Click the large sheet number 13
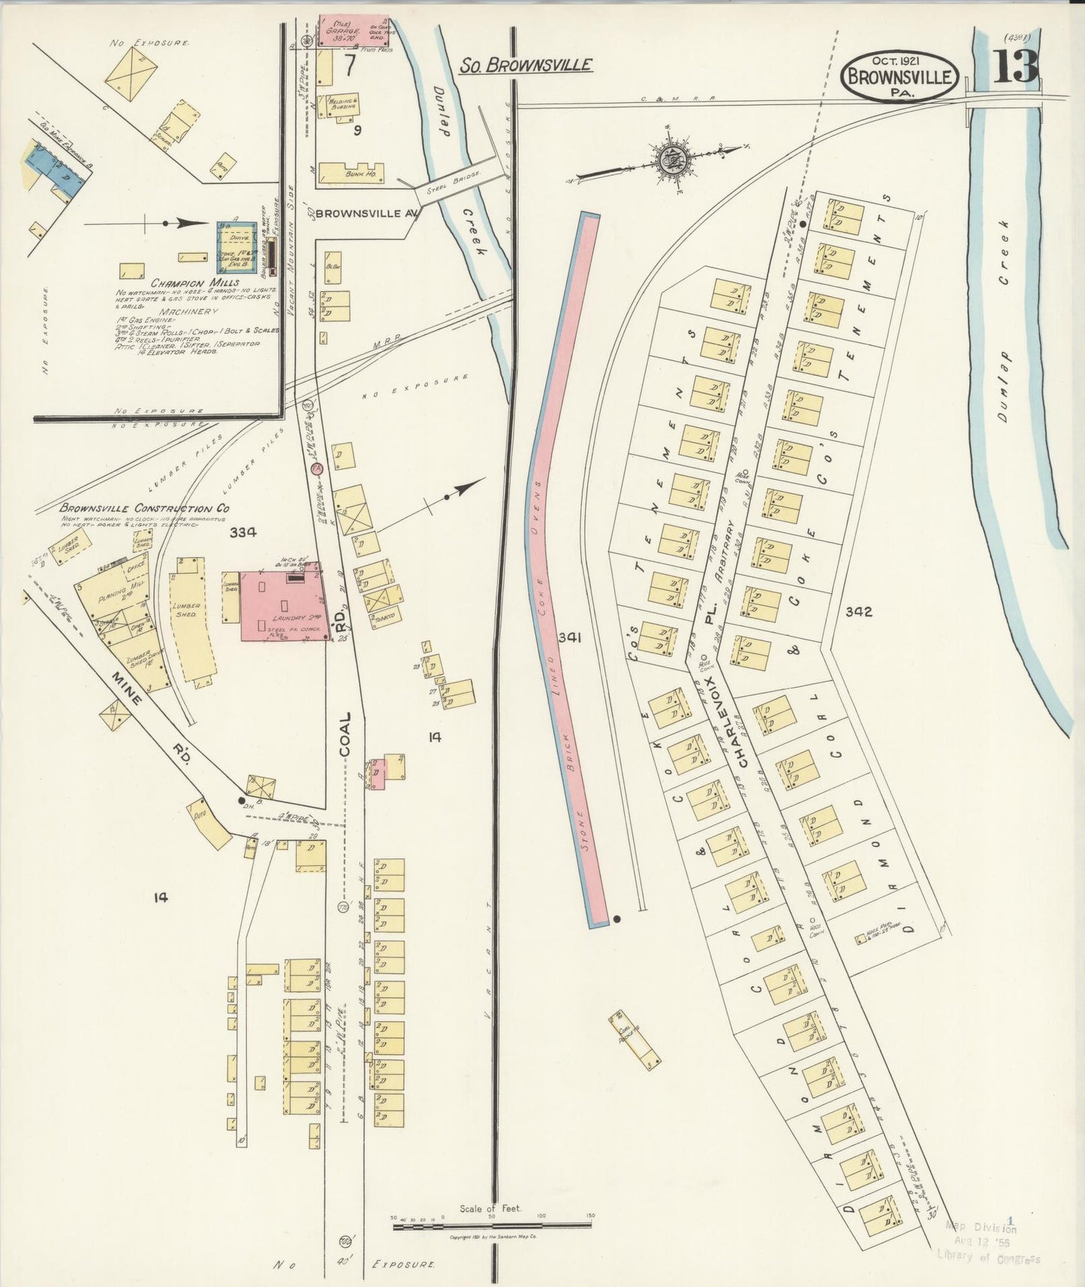click(1016, 67)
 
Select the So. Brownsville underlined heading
click(525, 65)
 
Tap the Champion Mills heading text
click(184, 283)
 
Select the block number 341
click(570, 637)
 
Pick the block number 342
click(857, 611)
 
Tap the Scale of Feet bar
click(491, 1227)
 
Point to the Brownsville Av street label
click(366, 213)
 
